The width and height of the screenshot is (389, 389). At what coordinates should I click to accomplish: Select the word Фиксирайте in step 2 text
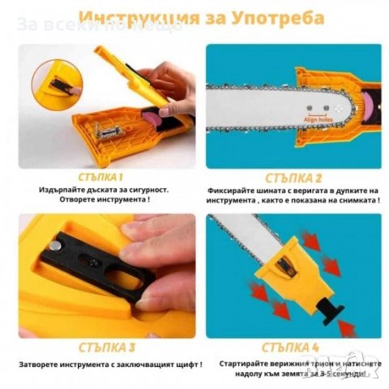coord(229,190)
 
